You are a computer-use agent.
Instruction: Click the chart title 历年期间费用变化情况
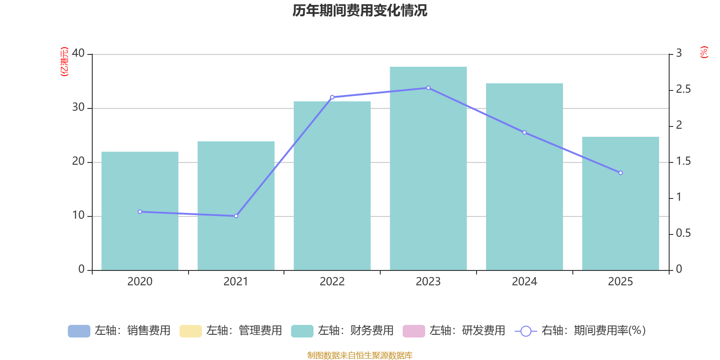[360, 10]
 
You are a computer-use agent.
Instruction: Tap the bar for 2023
[428, 168]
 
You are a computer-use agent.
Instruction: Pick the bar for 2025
[620, 203]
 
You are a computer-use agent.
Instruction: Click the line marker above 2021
[236, 216]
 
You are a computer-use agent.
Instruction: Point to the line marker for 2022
[332, 97]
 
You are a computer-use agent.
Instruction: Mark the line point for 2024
[524, 132]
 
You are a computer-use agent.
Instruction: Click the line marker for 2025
[620, 173]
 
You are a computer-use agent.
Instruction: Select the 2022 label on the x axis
[332, 282]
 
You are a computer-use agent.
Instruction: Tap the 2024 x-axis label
[524, 282]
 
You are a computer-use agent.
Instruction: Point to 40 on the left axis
[78, 54]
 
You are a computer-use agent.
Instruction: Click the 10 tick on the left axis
[78, 216]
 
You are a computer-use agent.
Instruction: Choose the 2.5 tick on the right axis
[683, 90]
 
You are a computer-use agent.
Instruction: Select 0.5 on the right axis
[683, 234]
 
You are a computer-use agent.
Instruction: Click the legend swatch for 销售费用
[79, 331]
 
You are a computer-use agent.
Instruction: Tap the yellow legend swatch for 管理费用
[190, 331]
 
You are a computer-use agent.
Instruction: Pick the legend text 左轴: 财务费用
[355, 331]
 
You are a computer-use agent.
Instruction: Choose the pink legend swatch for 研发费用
[414, 331]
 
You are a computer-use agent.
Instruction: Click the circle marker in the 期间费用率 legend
[526, 331]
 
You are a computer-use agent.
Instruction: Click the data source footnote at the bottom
[360, 355]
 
